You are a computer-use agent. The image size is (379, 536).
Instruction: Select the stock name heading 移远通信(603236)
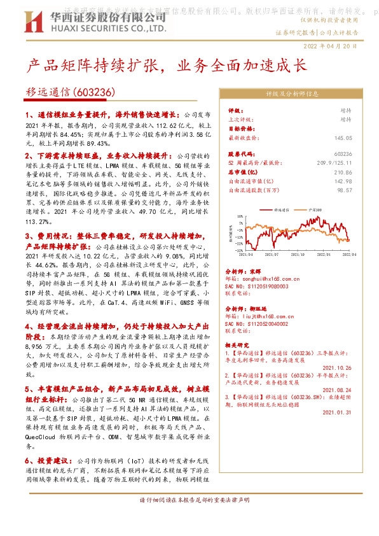point(71,92)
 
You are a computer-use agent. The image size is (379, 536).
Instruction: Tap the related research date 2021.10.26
point(337,367)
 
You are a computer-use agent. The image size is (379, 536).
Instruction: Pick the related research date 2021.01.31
point(337,413)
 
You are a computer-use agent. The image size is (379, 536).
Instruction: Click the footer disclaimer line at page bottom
point(190,518)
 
